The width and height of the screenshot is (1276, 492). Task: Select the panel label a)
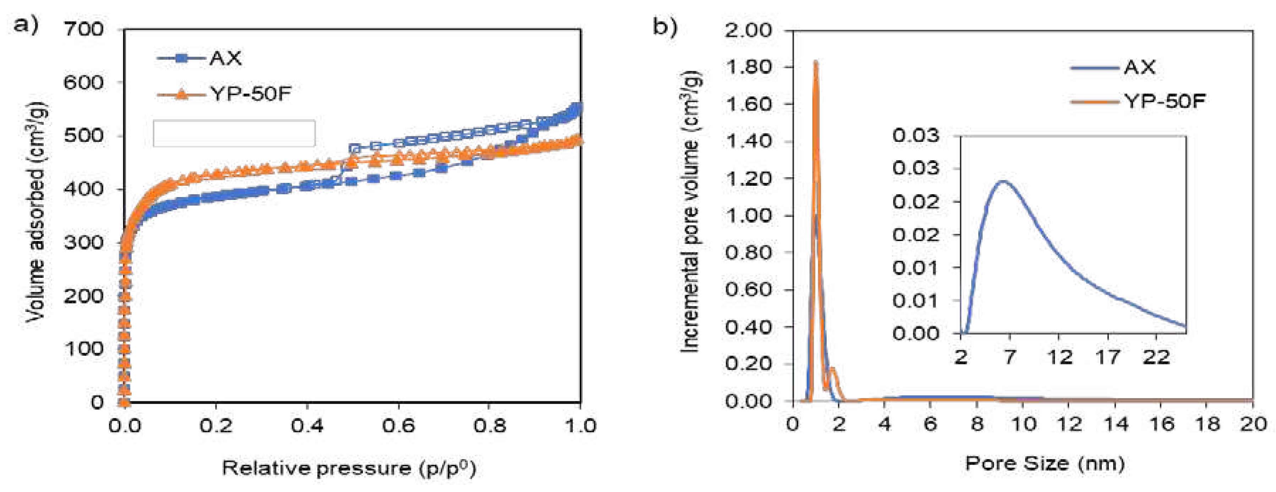tap(25, 24)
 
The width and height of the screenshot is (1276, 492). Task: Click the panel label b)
tap(664, 26)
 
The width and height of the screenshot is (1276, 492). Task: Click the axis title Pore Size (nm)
tap(1045, 464)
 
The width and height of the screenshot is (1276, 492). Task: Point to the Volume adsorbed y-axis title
tap(36, 213)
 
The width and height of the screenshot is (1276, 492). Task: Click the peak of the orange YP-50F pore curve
tap(815, 63)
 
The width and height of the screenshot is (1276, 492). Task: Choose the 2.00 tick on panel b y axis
tap(748, 31)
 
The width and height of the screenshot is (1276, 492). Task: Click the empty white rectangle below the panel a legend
tap(234, 133)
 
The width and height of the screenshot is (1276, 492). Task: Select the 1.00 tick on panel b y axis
tap(748, 216)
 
